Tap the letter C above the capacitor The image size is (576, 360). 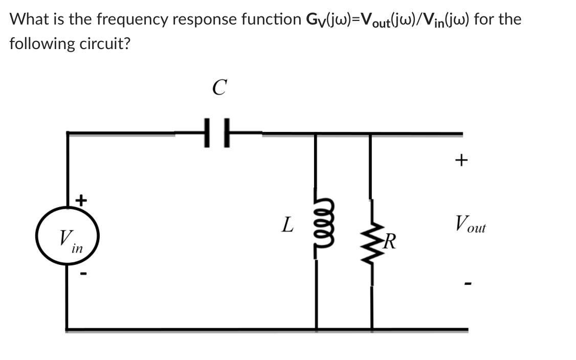click(218, 87)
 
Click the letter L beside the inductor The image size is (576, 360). click(288, 224)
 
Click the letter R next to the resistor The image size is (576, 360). click(390, 239)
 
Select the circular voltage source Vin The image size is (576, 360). click(67, 237)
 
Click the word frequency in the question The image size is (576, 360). click(128, 19)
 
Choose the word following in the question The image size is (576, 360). click(41, 43)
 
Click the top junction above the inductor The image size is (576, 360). click(316, 134)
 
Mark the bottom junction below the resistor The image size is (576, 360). click(371, 329)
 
